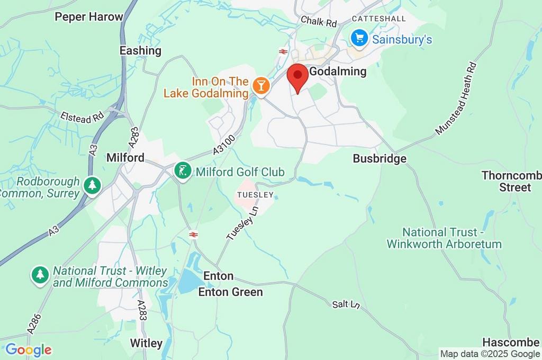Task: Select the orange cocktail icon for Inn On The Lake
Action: click(260, 85)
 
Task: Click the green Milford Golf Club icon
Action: click(183, 171)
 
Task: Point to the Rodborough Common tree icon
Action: click(93, 185)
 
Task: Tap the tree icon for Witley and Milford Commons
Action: click(40, 275)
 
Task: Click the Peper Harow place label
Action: click(89, 17)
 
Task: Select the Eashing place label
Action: click(140, 51)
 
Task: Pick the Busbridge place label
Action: click(380, 159)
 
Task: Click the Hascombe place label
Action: click(511, 342)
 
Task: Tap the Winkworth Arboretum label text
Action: click(444, 238)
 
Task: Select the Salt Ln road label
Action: click(346, 304)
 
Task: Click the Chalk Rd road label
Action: click(319, 22)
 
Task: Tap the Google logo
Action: click(28, 349)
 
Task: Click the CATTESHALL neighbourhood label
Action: click(378, 19)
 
